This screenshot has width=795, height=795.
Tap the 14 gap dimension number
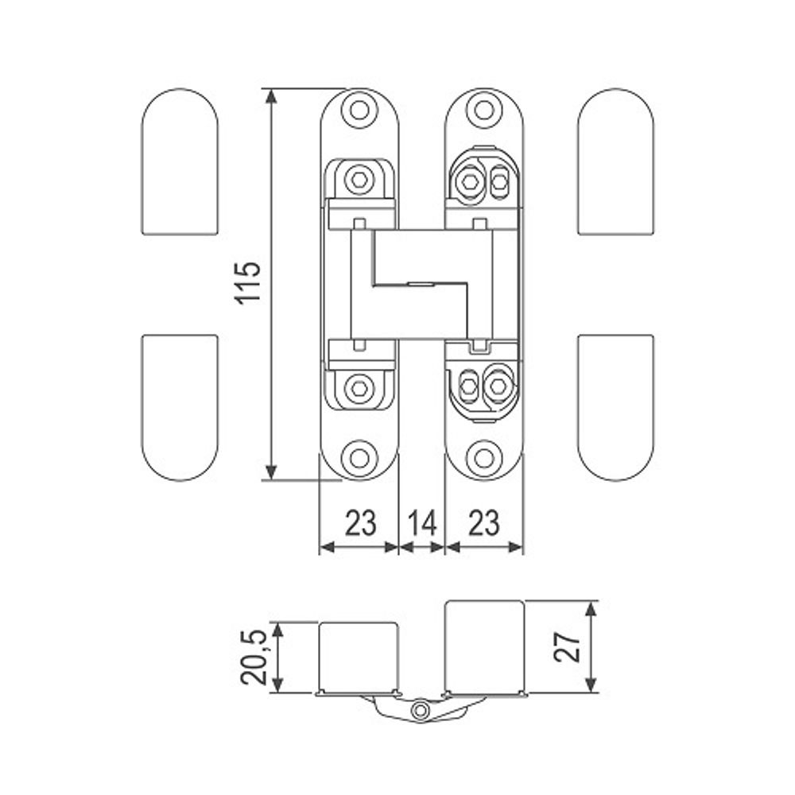422,523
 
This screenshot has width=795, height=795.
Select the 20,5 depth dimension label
253,657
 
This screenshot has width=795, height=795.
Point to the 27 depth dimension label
568,646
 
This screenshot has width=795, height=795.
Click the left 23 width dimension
360,523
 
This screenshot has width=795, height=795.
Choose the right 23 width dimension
483,523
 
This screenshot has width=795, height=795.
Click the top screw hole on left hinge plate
359,110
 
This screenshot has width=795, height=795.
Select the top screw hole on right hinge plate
484,110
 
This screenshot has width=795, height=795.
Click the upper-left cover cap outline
180,161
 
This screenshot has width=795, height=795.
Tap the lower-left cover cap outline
180,408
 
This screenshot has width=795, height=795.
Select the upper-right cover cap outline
615,161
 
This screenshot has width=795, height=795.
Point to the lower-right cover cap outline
615,408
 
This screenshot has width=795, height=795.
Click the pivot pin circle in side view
420,710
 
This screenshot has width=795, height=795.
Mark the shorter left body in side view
359,657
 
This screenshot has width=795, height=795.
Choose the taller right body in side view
484,646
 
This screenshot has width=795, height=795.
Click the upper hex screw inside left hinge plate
359,178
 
